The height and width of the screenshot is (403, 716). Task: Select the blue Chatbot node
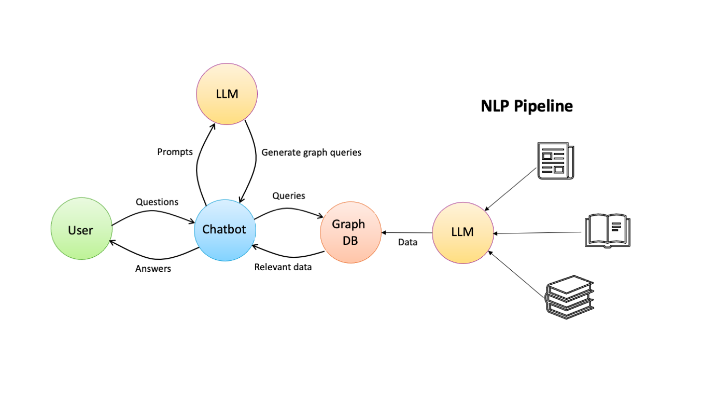point(224,229)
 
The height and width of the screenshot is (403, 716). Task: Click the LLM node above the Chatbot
point(227,94)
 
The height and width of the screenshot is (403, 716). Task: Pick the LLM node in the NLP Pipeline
point(462,232)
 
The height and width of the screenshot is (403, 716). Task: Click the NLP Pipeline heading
point(527,106)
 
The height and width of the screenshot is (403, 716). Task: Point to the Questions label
point(157,202)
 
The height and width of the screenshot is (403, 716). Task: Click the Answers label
point(153,269)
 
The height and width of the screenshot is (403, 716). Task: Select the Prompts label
point(175,152)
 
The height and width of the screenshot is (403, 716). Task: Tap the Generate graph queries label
point(311,152)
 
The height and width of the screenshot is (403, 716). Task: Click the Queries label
point(289,196)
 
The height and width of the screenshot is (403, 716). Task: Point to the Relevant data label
point(283,268)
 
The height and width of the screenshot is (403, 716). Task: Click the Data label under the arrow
point(408,242)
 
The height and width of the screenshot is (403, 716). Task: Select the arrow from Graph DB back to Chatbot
point(290,258)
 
